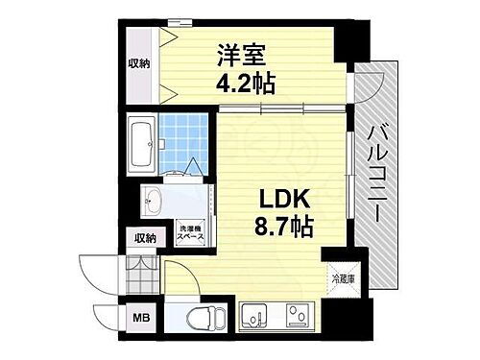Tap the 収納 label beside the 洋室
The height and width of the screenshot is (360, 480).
click(138, 64)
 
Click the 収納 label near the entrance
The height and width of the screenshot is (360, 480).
click(144, 238)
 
